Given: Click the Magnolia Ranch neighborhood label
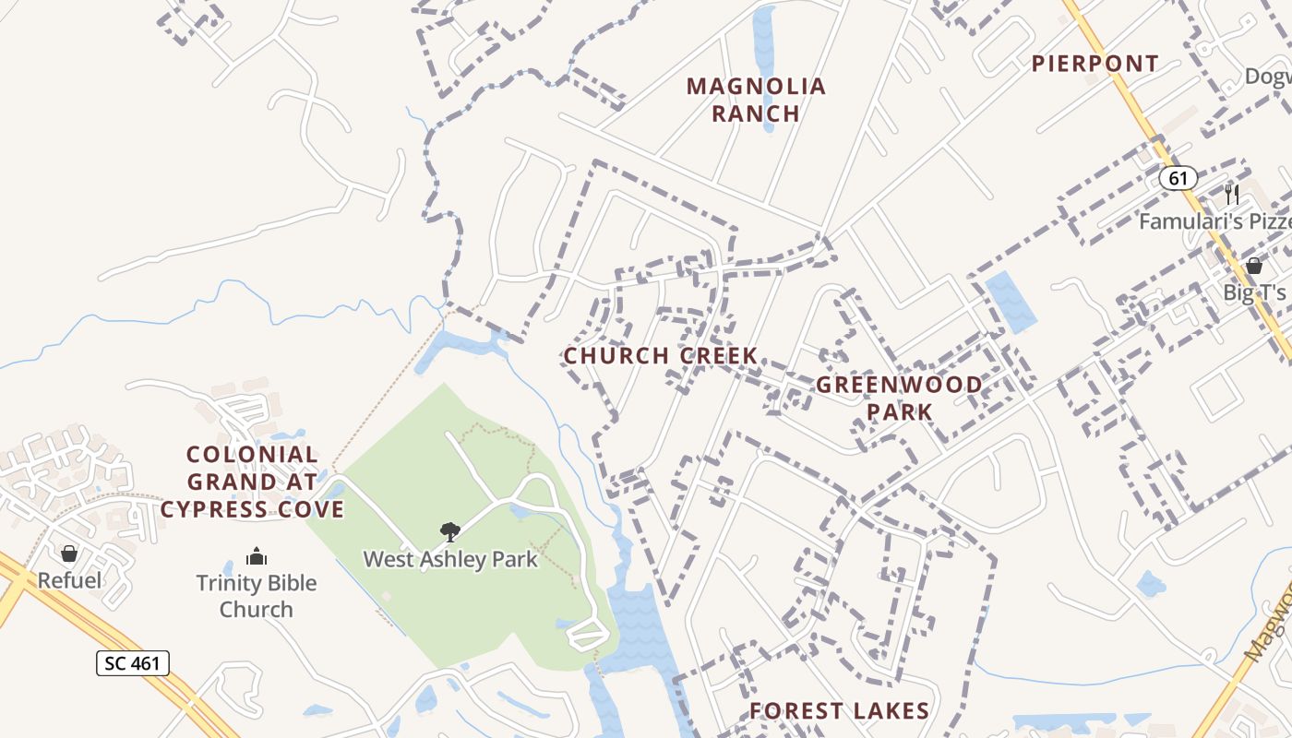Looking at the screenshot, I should (756, 100).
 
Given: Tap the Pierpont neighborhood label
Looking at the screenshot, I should (1095, 64).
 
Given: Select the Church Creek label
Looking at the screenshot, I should (661, 355).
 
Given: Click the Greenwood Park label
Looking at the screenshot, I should (899, 398).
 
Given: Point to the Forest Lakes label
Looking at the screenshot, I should (839, 710).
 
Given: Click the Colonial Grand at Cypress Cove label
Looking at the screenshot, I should (252, 482).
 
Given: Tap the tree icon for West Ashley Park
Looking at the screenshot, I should (450, 532).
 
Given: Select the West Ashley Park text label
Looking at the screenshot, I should (450, 559).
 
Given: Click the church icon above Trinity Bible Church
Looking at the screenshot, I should (257, 556).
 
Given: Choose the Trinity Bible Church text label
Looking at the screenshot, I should (257, 596).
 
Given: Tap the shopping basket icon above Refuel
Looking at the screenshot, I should (69, 553).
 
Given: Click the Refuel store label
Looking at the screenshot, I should (69, 580).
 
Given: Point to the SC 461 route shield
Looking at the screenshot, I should (133, 662).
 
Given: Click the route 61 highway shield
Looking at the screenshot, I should (1178, 178).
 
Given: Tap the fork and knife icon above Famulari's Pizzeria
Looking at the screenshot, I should (1231, 195).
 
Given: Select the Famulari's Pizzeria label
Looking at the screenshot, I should (1214, 221).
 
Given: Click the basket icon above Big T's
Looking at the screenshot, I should (1253, 266).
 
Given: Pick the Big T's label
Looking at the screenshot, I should (1254, 292).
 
